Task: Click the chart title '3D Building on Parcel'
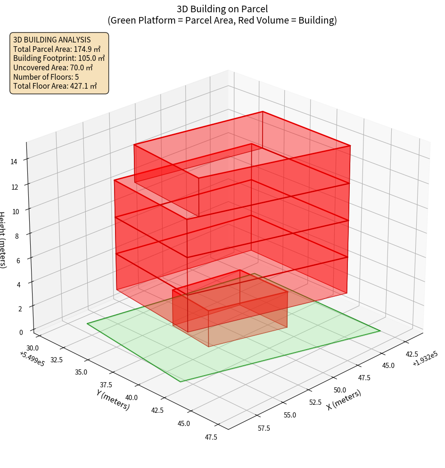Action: pyautogui.click(x=222, y=9)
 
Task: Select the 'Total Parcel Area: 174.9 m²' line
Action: pyautogui.click(x=57, y=49)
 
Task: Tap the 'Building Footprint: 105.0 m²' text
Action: pyautogui.click(x=59, y=58)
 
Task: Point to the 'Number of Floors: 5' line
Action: pyautogui.click(x=46, y=76)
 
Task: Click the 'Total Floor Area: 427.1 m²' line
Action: pyautogui.click(x=55, y=86)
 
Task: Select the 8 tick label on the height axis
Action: pyautogui.click(x=17, y=235)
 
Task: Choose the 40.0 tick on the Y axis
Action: pyautogui.click(x=132, y=398)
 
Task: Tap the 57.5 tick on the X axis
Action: pyautogui.click(x=264, y=428)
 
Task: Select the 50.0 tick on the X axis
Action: pyautogui.click(x=339, y=390)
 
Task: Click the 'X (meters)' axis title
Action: pyautogui.click(x=344, y=400)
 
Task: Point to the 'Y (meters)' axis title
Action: pyautogui.click(x=113, y=399)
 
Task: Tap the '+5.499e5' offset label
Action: pyautogui.click(x=32, y=358)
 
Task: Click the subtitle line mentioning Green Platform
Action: pyautogui.click(x=222, y=20)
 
